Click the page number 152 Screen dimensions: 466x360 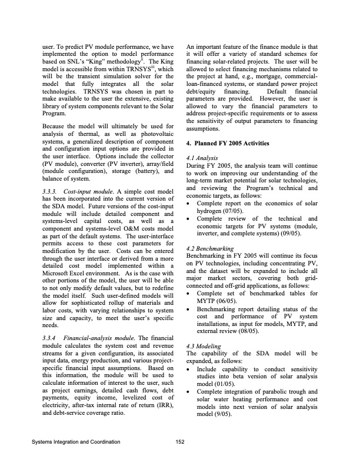tap(180, 441)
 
